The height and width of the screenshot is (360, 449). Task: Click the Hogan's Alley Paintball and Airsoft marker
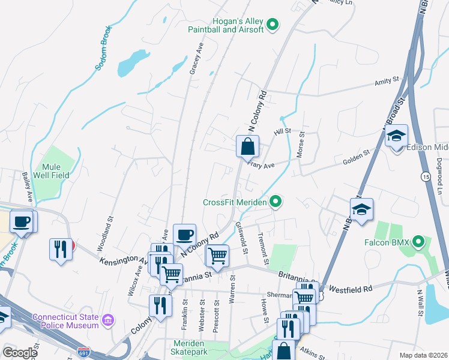pos(273,25)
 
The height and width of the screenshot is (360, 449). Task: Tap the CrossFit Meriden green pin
pos(276,202)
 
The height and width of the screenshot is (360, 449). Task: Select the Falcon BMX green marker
pos(420,242)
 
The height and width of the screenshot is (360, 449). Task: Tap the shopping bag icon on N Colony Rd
pos(247,146)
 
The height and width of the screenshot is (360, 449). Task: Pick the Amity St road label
pos(387,80)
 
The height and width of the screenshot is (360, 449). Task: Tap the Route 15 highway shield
pos(425,176)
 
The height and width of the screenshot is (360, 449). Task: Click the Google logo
pos(20,353)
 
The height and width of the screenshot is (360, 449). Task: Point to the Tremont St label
pos(262,249)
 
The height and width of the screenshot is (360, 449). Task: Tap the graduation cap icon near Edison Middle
pos(396,136)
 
